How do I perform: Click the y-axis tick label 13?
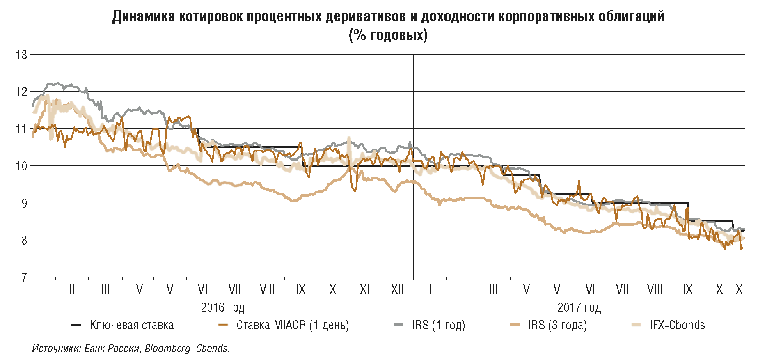point(21,55)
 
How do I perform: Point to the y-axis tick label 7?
point(24,277)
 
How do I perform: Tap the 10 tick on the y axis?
point(21,166)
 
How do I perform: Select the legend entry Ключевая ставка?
point(131,325)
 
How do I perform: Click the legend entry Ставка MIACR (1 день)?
point(292,325)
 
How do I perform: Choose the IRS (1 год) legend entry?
point(438,325)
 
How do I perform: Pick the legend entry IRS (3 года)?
point(557,325)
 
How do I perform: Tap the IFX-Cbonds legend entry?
point(677,325)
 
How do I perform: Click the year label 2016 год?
point(222,307)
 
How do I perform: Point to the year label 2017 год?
point(579,307)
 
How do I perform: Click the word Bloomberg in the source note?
point(168,349)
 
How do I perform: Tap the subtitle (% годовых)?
point(388,35)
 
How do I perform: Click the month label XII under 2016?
point(397,289)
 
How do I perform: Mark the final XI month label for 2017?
point(740,289)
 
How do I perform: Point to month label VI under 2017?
point(590,289)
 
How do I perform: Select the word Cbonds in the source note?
point(212,349)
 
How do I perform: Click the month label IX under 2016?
point(301,289)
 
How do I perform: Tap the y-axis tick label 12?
point(21,92)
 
